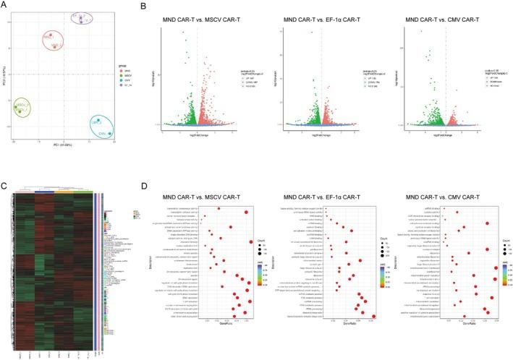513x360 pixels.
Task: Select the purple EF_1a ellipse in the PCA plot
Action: [86, 18]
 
